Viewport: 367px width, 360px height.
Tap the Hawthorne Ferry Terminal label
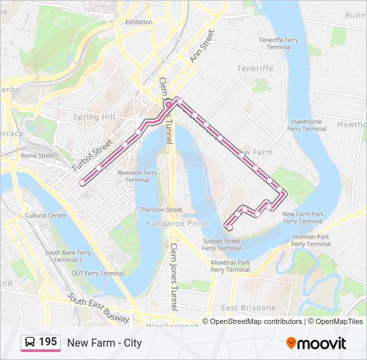(x=307, y=125)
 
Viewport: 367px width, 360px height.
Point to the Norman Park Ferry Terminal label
(x=311, y=240)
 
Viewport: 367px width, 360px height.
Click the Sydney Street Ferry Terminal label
(x=222, y=244)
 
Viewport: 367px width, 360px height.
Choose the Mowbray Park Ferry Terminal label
(x=230, y=266)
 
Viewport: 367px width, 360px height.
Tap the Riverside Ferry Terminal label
(x=137, y=176)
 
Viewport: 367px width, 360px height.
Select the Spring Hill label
(x=94, y=117)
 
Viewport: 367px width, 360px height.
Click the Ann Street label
(x=202, y=46)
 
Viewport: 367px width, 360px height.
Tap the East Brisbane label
(x=248, y=308)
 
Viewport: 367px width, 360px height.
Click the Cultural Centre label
(x=45, y=215)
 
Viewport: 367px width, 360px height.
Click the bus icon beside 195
(x=30, y=342)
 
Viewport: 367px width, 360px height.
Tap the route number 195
(x=48, y=342)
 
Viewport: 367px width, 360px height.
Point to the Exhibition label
(x=139, y=21)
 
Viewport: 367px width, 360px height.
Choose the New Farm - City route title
(x=104, y=343)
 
